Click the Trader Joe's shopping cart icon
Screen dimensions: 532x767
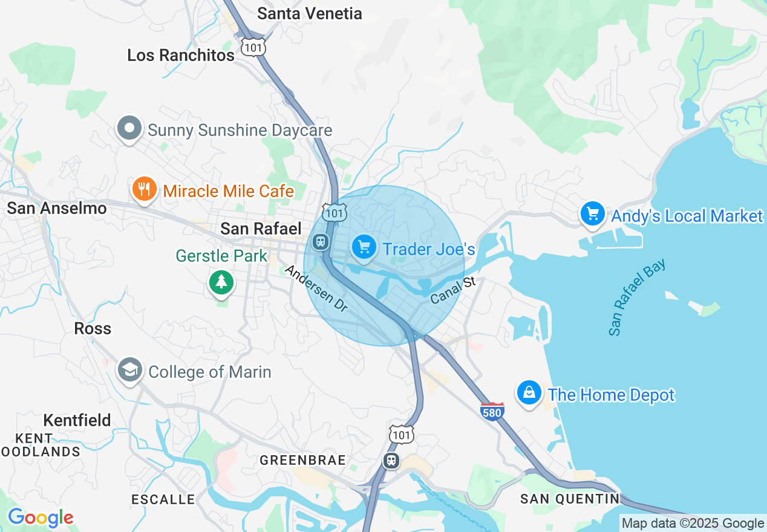pyautogui.click(x=364, y=247)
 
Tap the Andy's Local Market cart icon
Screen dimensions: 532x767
pyautogui.click(x=592, y=214)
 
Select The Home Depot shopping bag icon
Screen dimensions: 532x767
pyautogui.click(x=529, y=393)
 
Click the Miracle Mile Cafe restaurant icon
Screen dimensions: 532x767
pyautogui.click(x=143, y=189)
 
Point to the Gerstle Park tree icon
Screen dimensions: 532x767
pyautogui.click(x=221, y=282)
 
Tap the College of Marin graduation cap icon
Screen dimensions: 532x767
pyautogui.click(x=130, y=369)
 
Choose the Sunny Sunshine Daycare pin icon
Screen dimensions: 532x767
pyautogui.click(x=129, y=128)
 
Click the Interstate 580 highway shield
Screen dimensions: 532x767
pyautogui.click(x=492, y=412)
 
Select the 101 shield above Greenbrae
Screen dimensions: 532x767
pyautogui.click(x=402, y=434)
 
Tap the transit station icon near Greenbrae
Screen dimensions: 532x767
pyautogui.click(x=392, y=461)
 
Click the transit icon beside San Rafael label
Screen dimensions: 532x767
pyautogui.click(x=320, y=242)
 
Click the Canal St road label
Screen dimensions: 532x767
pyautogui.click(x=454, y=290)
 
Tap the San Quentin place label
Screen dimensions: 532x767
pyautogui.click(x=570, y=499)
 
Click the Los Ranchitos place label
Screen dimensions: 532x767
pyautogui.click(x=181, y=56)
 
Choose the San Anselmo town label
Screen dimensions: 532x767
pyautogui.click(x=57, y=209)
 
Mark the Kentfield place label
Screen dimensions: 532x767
pyautogui.click(x=77, y=420)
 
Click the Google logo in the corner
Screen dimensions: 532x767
pyautogui.click(x=41, y=518)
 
